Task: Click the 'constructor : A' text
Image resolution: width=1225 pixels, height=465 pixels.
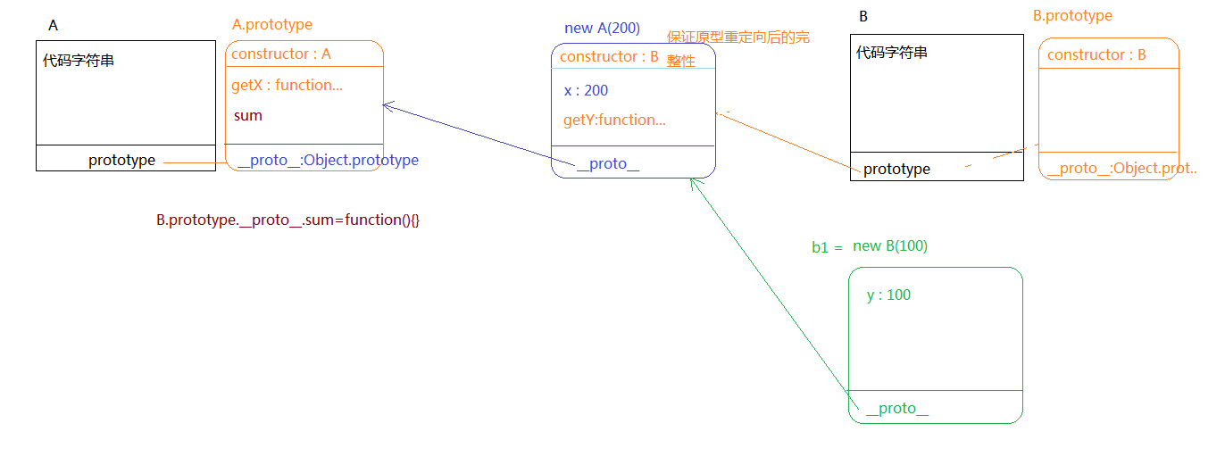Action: pos(281,54)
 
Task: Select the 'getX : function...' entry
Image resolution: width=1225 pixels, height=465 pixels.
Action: pos(287,86)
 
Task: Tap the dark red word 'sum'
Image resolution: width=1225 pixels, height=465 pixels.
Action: pos(248,116)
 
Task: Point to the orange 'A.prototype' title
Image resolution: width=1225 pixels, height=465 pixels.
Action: pos(272,25)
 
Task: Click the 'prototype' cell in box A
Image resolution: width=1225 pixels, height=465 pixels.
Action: pos(121,161)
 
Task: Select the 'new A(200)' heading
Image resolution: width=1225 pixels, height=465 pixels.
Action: pos(602,29)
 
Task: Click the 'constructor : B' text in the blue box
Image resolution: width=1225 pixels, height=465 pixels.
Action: pos(609,58)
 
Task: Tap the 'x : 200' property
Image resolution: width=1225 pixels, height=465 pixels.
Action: pos(586,91)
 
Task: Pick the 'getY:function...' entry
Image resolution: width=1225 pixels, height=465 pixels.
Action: pos(614,120)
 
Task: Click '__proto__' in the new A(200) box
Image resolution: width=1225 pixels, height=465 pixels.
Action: pos(608,164)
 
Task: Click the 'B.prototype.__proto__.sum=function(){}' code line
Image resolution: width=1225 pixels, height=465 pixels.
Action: pos(287,220)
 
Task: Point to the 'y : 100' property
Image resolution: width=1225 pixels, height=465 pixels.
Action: pos(888,295)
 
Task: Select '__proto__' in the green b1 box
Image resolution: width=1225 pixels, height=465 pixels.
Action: pos(897,409)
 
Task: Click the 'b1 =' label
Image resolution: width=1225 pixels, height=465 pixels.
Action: pos(827,248)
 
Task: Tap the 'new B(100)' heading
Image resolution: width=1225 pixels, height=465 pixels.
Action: pos(890,246)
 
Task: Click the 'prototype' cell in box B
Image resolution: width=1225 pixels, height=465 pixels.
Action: pos(896,170)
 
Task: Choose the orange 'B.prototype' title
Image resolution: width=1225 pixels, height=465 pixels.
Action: pos(1072,16)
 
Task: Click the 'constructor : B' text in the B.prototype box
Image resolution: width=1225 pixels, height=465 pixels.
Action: pos(1096,55)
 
